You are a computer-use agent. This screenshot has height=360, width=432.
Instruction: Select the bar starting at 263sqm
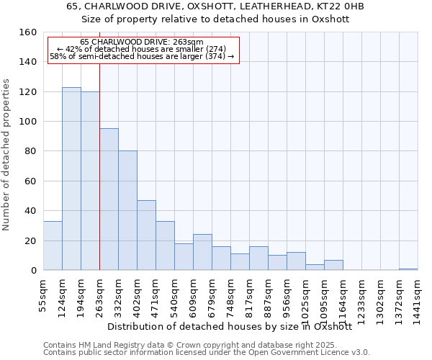point(109,199)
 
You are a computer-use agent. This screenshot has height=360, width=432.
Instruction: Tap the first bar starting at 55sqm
point(53,246)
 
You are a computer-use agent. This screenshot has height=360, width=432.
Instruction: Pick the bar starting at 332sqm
point(127,210)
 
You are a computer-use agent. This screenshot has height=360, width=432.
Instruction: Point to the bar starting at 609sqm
point(202,252)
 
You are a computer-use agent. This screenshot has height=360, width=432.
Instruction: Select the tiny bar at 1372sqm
point(408,269)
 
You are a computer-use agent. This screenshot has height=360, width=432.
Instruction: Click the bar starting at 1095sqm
point(333,265)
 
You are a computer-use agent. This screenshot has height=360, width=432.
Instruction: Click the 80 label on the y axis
point(30,151)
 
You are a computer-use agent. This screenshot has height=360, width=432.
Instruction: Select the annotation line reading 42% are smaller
point(141,49)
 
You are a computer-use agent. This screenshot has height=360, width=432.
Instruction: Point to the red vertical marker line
point(99,180)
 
